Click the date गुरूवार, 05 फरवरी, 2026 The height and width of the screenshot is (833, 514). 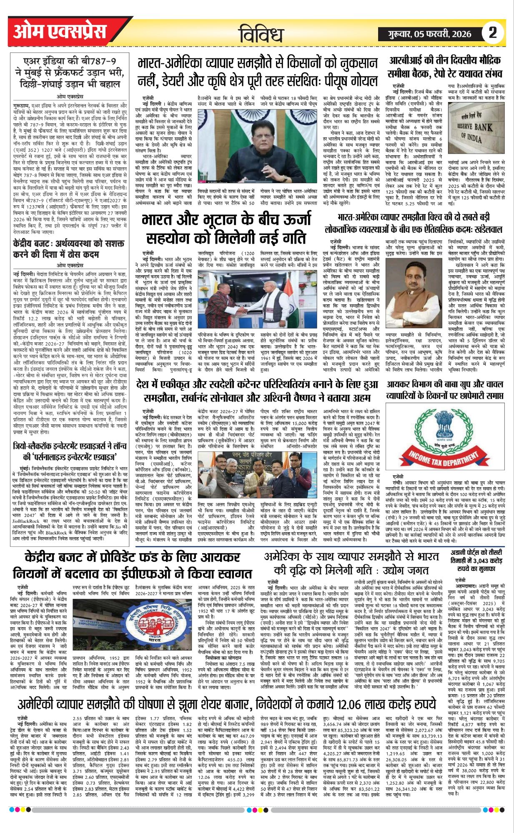(428, 33)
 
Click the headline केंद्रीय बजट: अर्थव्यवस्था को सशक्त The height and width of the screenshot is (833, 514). (69, 249)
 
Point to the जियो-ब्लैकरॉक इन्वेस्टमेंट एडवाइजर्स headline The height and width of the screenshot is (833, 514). (70, 450)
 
